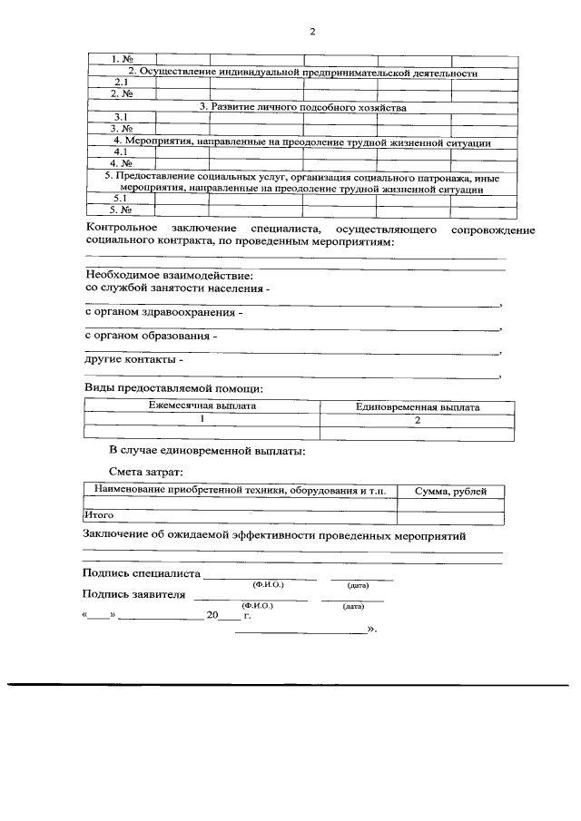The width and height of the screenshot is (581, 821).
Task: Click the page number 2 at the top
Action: pos(311,33)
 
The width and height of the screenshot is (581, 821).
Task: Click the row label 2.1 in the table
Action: pos(119,83)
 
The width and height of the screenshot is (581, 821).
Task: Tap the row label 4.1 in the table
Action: pos(119,153)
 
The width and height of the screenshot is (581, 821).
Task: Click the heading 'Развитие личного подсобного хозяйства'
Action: pos(302,107)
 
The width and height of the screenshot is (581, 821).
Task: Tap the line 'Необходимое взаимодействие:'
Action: pos(169,274)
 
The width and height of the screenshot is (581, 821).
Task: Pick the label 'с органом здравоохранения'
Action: pos(163,312)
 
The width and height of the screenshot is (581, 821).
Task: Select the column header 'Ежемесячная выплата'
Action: pos(202,406)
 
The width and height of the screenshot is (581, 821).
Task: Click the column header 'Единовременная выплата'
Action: pos(418,406)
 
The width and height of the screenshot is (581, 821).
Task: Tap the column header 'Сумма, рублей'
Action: pos(451,491)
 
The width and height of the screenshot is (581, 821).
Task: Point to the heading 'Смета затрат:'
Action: pos(145,472)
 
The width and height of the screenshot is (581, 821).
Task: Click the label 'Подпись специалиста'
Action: pos(141,574)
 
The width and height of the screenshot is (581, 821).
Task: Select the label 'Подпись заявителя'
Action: pos(133,596)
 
